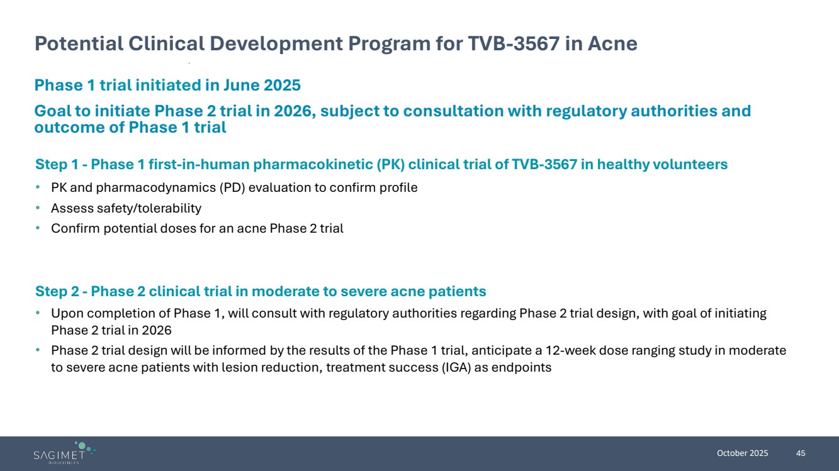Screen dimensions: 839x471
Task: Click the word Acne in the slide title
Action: point(612,43)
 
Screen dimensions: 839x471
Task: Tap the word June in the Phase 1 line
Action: point(242,86)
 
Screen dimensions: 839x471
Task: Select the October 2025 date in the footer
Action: point(742,453)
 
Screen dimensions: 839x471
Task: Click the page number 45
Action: point(801,453)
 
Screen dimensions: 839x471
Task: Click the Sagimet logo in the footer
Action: point(64,453)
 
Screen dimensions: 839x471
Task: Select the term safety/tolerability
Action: point(149,208)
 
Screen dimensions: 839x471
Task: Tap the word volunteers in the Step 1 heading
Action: point(690,165)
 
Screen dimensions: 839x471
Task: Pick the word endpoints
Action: point(521,368)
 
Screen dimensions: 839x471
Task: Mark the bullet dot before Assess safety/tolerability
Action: point(38,208)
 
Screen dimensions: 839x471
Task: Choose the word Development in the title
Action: point(276,44)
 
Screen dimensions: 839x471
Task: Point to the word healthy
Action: point(623,165)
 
